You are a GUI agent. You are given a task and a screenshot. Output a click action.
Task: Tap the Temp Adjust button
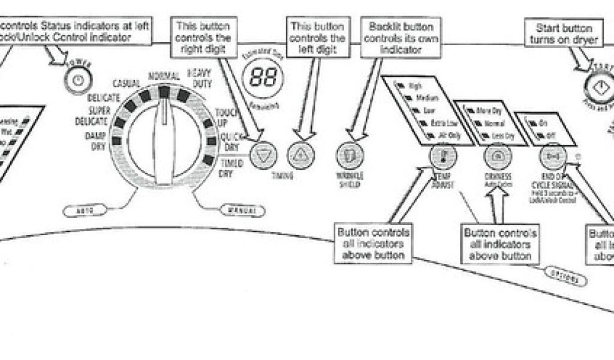coord(443,157)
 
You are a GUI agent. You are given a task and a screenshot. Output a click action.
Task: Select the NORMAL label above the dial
coord(164,76)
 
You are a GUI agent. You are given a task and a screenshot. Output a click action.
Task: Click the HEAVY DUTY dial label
coord(200,79)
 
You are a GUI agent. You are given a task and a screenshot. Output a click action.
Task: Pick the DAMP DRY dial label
coord(95,140)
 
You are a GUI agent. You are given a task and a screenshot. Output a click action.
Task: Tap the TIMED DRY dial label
coord(225,169)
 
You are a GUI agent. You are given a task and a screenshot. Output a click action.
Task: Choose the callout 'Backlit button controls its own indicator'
coord(401,37)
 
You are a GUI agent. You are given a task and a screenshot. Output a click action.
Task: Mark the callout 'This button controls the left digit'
coord(317,37)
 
